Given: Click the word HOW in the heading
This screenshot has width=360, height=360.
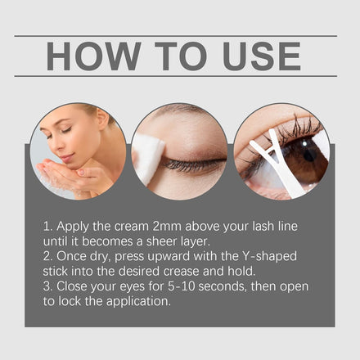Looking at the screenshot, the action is point(93,56).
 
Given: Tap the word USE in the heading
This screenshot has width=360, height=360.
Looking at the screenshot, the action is point(262,56).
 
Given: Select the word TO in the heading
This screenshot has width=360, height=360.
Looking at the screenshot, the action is point(181,56).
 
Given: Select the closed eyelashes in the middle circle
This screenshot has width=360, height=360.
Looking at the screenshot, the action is point(191,164).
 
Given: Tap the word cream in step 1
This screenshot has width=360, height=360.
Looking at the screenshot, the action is point(131,227).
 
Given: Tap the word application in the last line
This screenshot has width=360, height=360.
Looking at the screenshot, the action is point(138,302).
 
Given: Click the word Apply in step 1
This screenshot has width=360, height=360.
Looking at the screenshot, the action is point(73,227).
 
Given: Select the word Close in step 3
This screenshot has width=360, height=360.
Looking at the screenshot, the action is point(72,286).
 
